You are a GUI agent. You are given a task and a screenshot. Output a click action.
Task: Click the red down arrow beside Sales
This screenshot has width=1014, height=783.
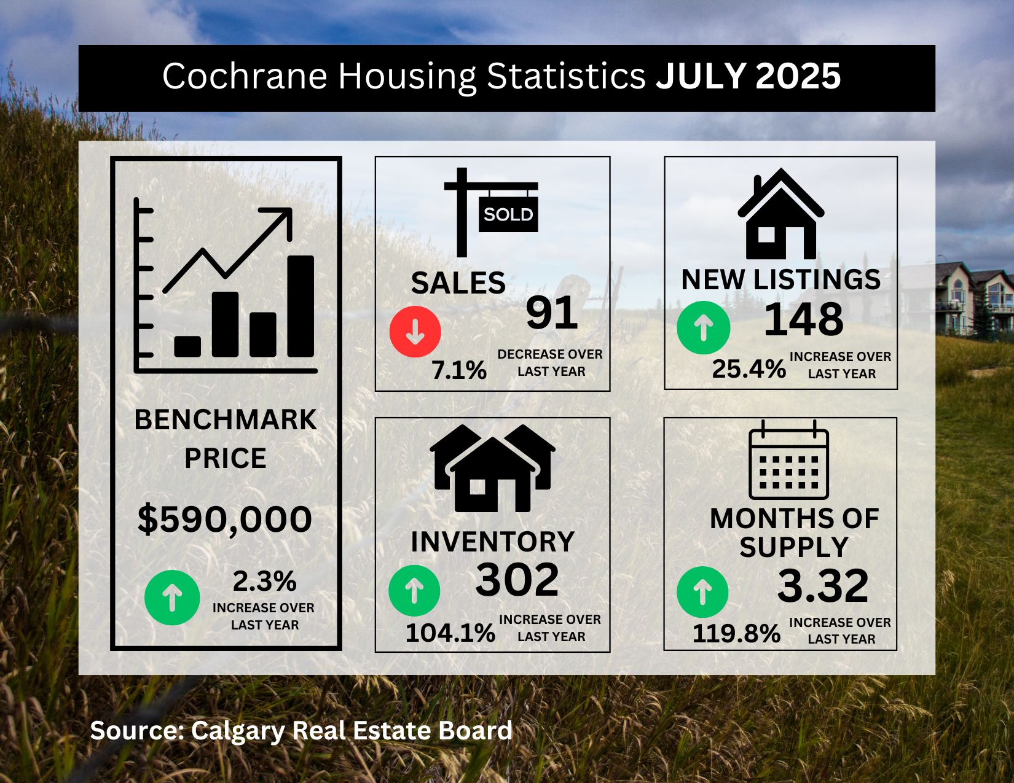[415, 332]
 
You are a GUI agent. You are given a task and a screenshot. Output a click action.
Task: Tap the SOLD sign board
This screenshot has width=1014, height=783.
[508, 214]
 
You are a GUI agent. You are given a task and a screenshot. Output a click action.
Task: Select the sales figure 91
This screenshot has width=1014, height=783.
[552, 313]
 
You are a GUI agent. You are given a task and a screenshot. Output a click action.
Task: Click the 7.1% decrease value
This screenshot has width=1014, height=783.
[459, 370]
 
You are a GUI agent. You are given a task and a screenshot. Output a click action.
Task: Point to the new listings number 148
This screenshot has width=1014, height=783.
[804, 319]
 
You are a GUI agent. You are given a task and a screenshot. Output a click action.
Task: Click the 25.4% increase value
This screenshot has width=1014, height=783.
[749, 369]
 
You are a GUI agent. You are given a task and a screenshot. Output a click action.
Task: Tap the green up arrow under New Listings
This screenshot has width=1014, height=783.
[703, 328]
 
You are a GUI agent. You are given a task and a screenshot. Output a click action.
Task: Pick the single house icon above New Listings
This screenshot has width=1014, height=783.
[780, 214]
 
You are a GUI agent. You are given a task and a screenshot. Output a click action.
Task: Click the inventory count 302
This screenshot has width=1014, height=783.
[517, 579]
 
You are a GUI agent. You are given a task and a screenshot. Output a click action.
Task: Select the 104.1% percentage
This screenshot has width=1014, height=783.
[450, 633]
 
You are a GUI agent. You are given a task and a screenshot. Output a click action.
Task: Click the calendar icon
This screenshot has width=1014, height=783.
[789, 461]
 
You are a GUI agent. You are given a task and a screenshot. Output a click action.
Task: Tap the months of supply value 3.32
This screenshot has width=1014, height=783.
[823, 586]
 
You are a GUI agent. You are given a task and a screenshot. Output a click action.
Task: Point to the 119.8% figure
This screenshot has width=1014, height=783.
[736, 633]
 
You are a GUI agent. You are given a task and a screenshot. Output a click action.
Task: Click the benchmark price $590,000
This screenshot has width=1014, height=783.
[225, 520]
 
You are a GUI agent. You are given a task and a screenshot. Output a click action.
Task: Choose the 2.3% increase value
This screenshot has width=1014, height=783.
[264, 581]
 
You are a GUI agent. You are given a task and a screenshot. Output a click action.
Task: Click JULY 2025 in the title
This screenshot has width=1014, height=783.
[748, 77]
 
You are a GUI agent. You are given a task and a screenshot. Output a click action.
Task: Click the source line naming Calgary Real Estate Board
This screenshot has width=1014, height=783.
[301, 731]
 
